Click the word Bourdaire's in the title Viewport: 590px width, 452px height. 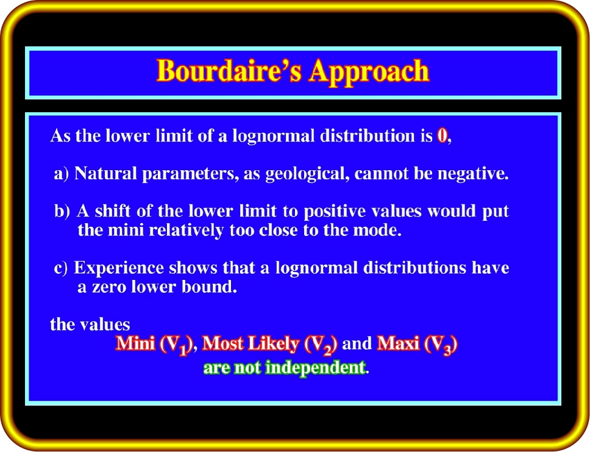click(x=229, y=70)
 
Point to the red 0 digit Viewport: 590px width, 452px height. click(x=442, y=135)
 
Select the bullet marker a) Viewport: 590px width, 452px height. click(x=62, y=174)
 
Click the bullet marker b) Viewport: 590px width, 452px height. click(x=62, y=211)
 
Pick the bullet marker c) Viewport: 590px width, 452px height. click(x=60, y=268)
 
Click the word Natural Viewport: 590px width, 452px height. click(x=105, y=173)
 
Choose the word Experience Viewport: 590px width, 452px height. click(x=119, y=268)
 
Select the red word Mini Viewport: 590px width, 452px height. click(x=135, y=343)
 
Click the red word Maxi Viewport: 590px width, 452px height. click(x=398, y=343)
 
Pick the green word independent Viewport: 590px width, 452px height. click(x=315, y=368)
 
